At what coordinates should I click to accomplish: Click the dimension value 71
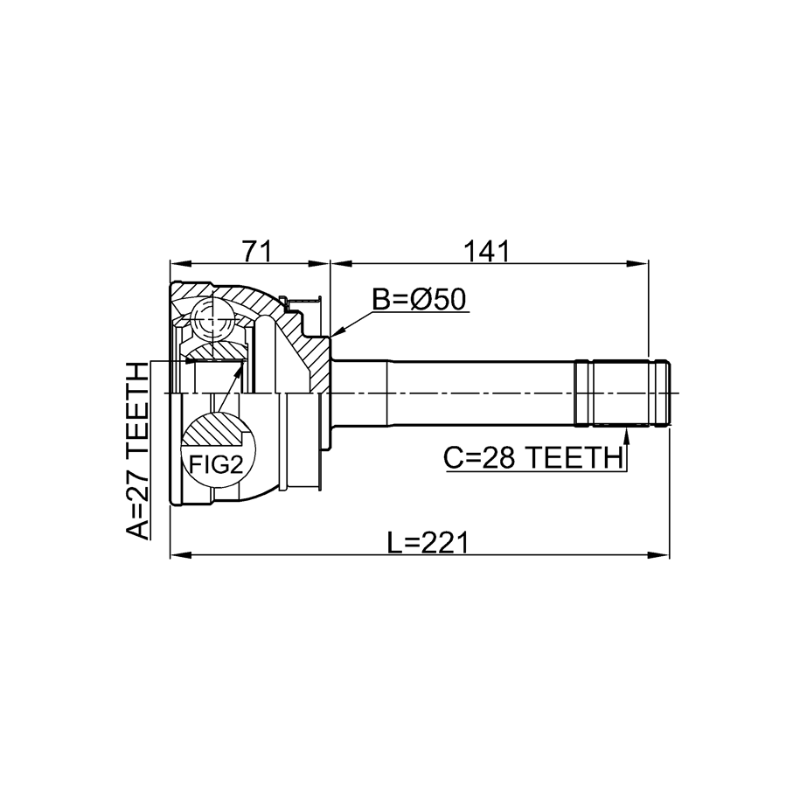(258, 251)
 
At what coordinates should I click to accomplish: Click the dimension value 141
(486, 251)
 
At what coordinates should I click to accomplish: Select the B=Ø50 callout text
(419, 300)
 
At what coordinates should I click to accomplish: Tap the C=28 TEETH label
(534, 457)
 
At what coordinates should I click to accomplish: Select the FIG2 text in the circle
(216, 464)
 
